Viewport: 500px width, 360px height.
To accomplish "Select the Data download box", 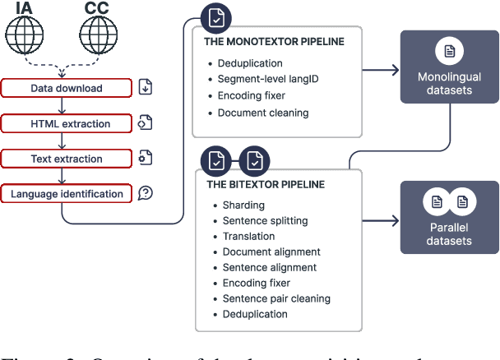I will click(67, 88).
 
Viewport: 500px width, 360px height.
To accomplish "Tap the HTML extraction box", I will click(67, 124).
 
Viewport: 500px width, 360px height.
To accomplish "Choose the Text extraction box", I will click(67, 159).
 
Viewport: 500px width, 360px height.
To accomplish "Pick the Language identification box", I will click(67, 194).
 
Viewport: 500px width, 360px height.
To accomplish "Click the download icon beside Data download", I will click(146, 88).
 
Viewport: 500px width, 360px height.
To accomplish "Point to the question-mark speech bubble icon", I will click(146, 194).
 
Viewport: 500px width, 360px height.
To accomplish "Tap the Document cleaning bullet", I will click(263, 113).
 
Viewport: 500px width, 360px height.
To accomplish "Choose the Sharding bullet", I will click(243, 205).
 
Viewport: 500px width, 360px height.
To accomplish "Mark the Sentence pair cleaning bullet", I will click(276, 298).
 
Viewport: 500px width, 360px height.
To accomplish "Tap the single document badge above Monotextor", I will click(215, 17).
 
